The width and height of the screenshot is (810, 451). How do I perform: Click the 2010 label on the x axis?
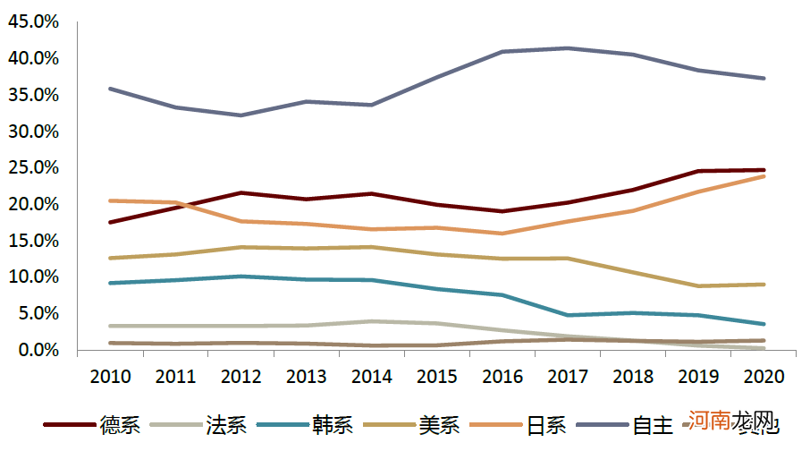click(x=109, y=377)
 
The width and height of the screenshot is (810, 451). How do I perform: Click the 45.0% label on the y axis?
click(x=33, y=21)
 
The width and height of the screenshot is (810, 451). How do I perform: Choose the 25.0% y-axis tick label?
click(x=33, y=168)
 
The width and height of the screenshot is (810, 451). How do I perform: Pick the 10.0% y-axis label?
click(x=33, y=277)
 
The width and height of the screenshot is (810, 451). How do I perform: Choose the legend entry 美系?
click(x=438, y=425)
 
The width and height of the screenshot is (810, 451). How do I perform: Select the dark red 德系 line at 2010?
click(x=109, y=222)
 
